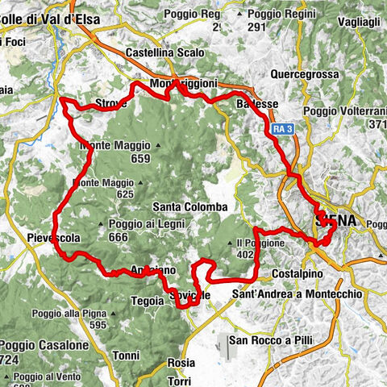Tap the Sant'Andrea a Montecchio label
297,295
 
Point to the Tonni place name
127,355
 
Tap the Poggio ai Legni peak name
133,224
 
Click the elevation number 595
98,325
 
